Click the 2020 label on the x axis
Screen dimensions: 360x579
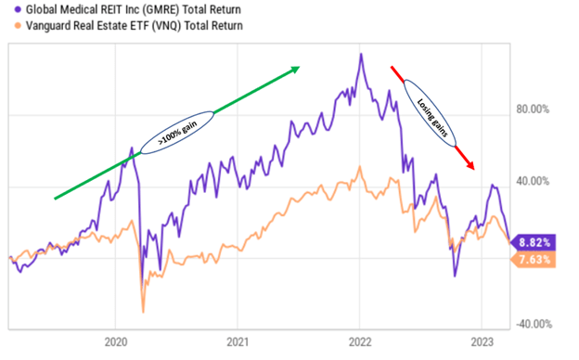coord(116,340)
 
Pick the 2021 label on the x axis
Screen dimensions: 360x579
coord(238,340)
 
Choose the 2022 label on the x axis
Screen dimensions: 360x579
coord(360,340)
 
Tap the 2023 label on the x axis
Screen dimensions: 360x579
coord(482,340)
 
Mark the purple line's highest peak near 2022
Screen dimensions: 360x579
coord(360,54)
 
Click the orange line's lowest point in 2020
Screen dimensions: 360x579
coord(142,312)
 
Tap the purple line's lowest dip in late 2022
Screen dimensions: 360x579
coord(456,276)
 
